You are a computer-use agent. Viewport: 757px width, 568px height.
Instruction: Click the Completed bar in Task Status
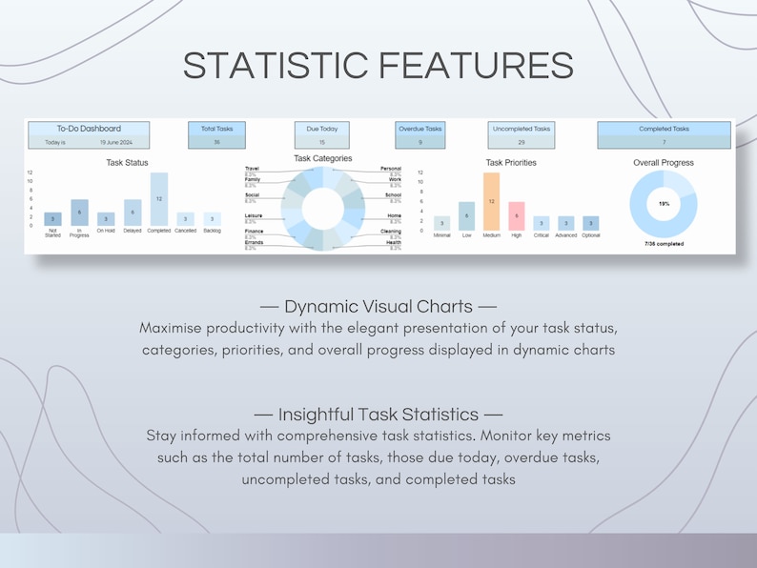click(159, 199)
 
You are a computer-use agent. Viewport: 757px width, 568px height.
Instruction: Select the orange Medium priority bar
click(491, 201)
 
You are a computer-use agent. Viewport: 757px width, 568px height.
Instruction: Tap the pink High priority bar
click(516, 215)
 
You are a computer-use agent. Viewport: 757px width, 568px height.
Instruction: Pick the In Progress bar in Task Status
click(79, 213)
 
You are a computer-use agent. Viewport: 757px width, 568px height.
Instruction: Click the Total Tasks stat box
click(216, 134)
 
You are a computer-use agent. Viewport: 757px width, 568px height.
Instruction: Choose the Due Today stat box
click(322, 134)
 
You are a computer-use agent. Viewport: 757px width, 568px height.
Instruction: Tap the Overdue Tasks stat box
click(420, 134)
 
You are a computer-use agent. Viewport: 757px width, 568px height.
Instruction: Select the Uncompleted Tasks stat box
click(522, 134)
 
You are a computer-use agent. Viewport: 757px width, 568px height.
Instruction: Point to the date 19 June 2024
click(116, 142)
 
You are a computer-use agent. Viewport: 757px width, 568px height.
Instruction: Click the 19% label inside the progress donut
click(664, 203)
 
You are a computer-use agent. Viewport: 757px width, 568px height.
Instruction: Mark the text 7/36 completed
click(664, 244)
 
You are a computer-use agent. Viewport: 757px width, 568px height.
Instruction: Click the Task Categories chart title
click(322, 158)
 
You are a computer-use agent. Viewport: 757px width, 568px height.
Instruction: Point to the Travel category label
click(252, 169)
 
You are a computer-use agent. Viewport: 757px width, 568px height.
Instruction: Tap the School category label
click(393, 194)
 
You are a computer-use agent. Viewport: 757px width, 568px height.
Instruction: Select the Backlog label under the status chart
click(212, 231)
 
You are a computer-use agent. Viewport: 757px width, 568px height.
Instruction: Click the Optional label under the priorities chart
click(590, 234)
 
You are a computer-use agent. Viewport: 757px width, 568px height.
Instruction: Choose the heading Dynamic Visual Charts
click(378, 307)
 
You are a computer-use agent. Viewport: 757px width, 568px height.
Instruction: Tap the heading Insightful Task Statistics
click(378, 415)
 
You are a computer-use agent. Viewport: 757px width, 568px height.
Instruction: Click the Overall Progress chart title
click(664, 163)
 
